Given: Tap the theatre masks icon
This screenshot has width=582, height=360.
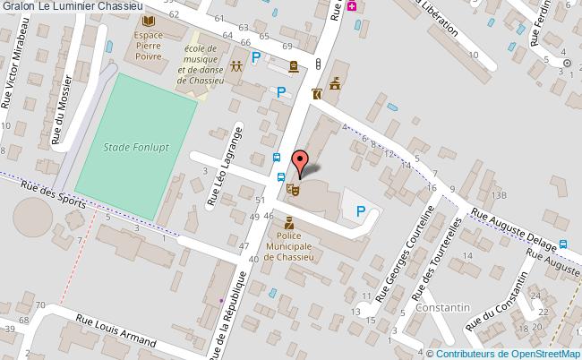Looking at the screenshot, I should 291,189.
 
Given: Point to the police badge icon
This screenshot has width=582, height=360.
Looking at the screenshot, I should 288,221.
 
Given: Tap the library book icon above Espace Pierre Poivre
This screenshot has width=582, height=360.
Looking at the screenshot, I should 148,21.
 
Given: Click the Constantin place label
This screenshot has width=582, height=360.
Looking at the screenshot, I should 443,307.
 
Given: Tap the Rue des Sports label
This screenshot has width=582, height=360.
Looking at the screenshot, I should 52,191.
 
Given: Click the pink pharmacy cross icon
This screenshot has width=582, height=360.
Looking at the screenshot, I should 351,5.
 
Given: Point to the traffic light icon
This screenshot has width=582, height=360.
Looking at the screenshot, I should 318,63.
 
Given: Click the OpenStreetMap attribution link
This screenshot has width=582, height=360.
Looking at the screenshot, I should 529,352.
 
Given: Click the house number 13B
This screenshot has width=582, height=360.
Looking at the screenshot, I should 499,194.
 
